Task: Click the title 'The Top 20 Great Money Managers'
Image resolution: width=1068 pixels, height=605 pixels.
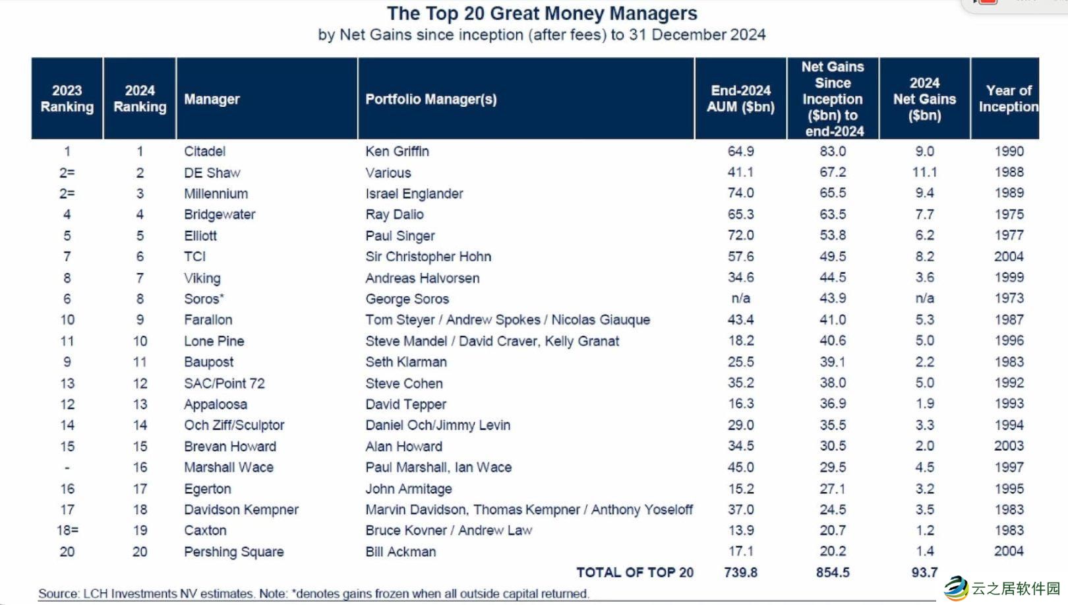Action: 541,13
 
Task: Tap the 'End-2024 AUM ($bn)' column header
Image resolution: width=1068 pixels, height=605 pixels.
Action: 740,98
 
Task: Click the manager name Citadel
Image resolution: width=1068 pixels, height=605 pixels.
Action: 204,151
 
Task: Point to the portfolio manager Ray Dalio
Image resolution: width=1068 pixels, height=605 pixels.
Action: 394,214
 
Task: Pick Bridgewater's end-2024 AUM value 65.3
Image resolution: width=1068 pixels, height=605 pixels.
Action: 740,214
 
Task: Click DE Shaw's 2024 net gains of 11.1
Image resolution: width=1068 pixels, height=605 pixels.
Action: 924,172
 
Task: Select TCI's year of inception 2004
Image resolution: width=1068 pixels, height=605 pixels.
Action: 1009,256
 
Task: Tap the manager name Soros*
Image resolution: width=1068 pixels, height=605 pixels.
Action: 204,299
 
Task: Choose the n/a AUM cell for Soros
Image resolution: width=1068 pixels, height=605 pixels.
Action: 740,298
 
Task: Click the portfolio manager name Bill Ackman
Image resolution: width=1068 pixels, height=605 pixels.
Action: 400,552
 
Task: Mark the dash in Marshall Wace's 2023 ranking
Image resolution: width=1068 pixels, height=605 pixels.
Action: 67,468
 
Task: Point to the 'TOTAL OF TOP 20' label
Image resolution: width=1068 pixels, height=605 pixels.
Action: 635,573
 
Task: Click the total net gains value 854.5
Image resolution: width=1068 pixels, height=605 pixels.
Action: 833,573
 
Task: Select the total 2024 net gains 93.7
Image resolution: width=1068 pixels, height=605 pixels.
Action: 924,573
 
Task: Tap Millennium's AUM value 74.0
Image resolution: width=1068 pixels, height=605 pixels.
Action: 740,193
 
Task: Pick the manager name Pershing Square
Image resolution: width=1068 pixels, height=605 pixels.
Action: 233,552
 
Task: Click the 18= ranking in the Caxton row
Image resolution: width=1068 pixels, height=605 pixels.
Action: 67,530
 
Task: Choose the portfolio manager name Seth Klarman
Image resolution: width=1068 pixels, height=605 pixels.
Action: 405,362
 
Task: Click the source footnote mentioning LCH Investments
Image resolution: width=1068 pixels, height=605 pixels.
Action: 313,594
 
